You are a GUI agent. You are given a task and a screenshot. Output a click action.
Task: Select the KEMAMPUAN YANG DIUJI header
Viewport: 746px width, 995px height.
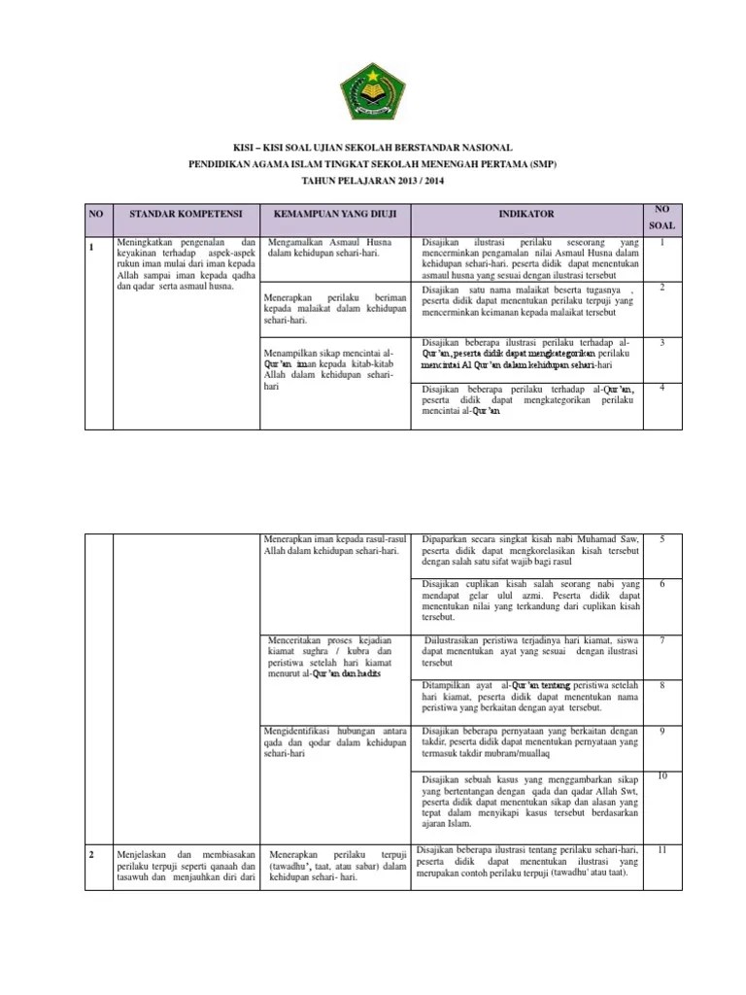(x=333, y=212)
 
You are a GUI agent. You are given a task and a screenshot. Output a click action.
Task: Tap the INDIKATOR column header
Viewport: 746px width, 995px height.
(x=526, y=212)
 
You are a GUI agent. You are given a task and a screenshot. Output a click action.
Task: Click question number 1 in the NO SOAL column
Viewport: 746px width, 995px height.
(x=661, y=244)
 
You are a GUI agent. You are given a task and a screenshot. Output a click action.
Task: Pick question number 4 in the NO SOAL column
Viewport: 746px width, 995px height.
(x=661, y=388)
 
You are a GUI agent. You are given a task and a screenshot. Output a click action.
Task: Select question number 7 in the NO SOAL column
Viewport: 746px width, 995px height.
(x=661, y=640)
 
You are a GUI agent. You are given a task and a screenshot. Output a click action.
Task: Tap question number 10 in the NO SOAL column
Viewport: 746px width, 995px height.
(x=661, y=775)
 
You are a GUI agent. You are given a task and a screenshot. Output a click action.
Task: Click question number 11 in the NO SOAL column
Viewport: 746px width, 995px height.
(x=661, y=850)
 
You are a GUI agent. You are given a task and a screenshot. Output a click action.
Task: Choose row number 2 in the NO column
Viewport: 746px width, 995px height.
(x=92, y=852)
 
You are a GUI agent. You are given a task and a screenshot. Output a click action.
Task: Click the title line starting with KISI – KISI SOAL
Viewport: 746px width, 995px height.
(x=373, y=146)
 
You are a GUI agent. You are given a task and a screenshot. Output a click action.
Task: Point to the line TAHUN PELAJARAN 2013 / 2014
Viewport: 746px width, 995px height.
(x=373, y=182)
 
